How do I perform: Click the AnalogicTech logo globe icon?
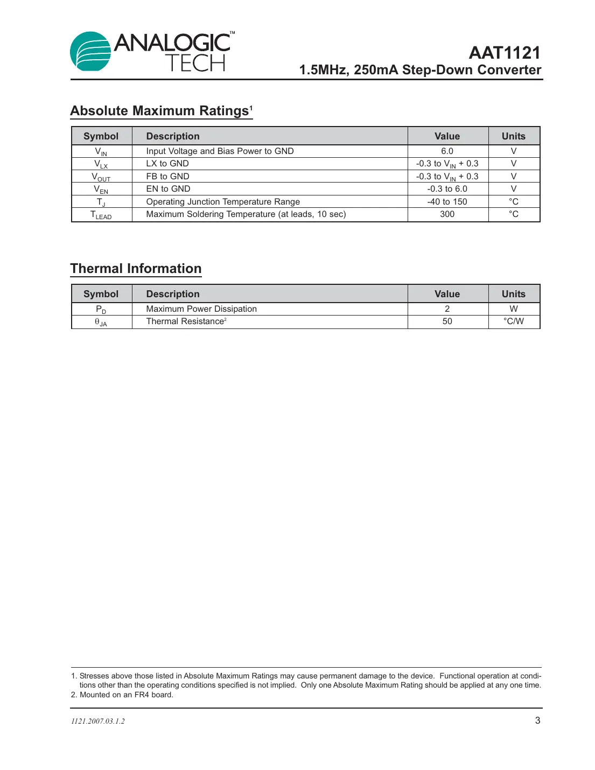(x=90, y=52)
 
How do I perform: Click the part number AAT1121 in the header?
(x=504, y=53)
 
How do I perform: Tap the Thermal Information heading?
(x=136, y=269)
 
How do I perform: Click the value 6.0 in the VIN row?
(x=447, y=151)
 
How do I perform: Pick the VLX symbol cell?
(x=101, y=164)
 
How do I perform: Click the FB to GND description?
(x=167, y=177)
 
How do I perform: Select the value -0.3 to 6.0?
(x=447, y=189)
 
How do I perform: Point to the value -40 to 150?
(x=447, y=202)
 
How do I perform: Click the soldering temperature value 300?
(x=447, y=214)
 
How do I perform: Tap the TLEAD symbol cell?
(x=101, y=215)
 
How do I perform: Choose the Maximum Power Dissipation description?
(x=201, y=309)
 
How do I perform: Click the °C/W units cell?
(x=513, y=321)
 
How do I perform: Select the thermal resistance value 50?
(x=447, y=321)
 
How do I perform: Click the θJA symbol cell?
(x=101, y=322)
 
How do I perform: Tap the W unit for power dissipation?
(x=513, y=309)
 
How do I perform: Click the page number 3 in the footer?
(x=537, y=720)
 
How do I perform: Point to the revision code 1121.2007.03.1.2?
(x=98, y=721)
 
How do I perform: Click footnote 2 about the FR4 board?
(x=122, y=695)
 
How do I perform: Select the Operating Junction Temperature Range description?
(x=223, y=202)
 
